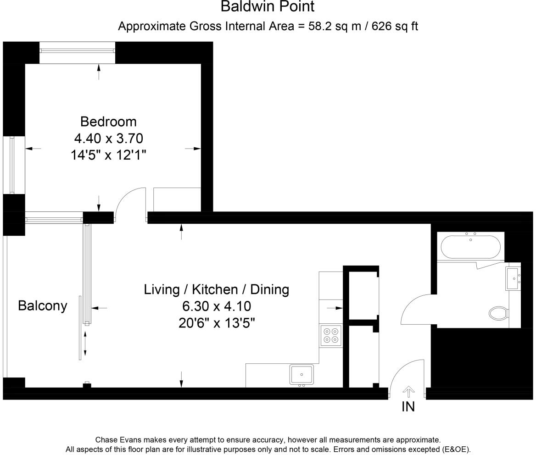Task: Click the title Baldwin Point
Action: pyautogui.click(x=268, y=6)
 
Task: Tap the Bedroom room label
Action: pyautogui.click(x=108, y=122)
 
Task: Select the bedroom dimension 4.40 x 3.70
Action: pyautogui.click(x=109, y=139)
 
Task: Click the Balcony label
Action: pyautogui.click(x=42, y=306)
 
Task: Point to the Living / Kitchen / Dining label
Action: pyautogui.click(x=217, y=289)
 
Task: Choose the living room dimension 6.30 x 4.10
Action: pyautogui.click(x=217, y=306)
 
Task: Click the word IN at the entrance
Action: pyautogui.click(x=408, y=407)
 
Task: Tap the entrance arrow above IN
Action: pyautogui.click(x=408, y=392)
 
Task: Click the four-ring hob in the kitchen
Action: pyautogui.click(x=331, y=335)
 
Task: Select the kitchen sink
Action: pyautogui.click(x=301, y=375)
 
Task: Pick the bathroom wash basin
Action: pyautogui.click(x=513, y=278)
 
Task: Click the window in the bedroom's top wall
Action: pyautogui.click(x=77, y=53)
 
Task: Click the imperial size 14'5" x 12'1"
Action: pyautogui.click(x=108, y=155)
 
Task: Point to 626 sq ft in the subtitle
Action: pyautogui.click(x=395, y=26)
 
